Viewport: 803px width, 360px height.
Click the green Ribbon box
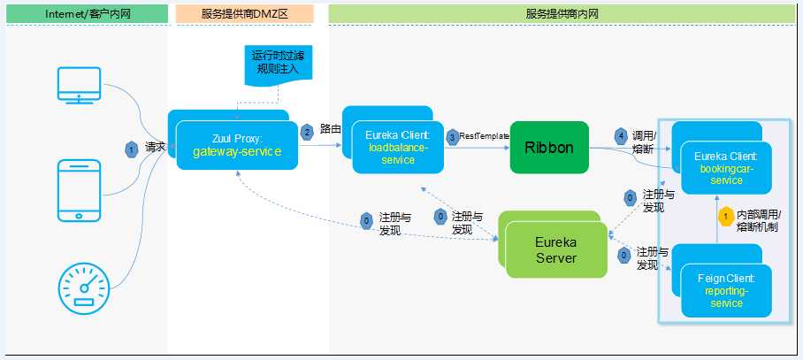tap(548, 148)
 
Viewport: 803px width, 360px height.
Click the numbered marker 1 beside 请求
tap(132, 149)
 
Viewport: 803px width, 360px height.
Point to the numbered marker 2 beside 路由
tap(308, 131)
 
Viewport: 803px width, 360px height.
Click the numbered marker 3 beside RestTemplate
tap(452, 136)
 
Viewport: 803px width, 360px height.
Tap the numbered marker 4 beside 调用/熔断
tap(620, 136)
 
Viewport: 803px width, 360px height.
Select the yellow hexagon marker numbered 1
tap(725, 215)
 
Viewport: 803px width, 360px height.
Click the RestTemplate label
tap(484, 136)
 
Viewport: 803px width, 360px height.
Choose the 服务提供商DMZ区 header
tap(244, 13)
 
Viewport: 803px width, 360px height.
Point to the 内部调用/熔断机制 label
tap(764, 220)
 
